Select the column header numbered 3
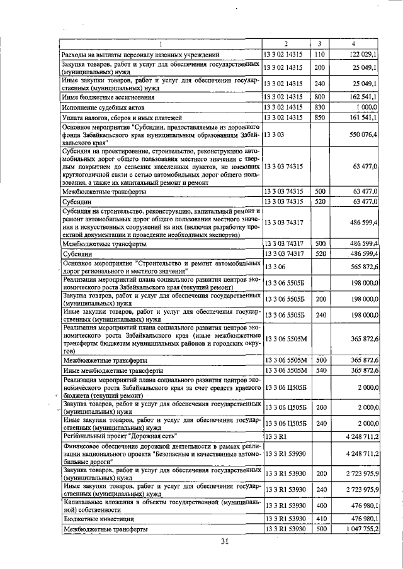(320, 43)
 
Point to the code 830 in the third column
(320, 108)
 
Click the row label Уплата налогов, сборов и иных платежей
(122, 118)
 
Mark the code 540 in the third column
(320, 370)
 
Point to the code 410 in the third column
(320, 519)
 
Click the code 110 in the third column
(320, 55)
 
